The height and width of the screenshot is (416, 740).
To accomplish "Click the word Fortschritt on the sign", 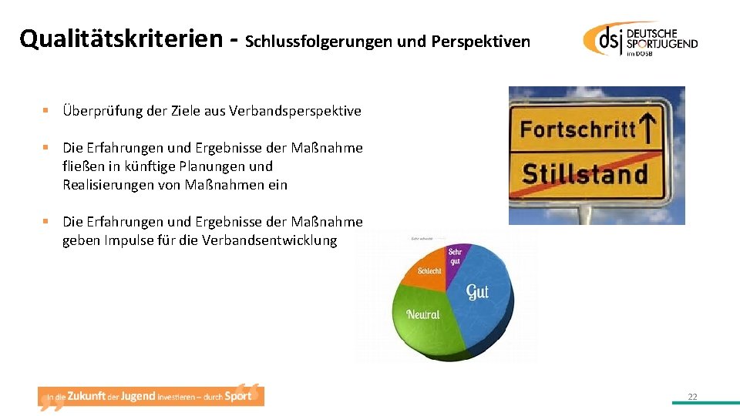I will tap(578, 129).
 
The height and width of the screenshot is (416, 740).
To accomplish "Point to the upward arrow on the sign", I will tap(649, 124).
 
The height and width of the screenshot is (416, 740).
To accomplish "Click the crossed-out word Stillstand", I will tap(586, 174).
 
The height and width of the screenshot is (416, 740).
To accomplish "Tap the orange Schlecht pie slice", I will tap(429, 272).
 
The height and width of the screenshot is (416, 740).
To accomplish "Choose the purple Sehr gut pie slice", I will tap(456, 257).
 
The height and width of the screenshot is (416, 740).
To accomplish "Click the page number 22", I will tap(692, 397).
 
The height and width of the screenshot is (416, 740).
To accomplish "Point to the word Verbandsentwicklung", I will tap(269, 240).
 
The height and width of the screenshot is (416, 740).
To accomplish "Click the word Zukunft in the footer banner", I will tap(86, 396).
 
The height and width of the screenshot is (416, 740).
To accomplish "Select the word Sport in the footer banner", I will tap(238, 396).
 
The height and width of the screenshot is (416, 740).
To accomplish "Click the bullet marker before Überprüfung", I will tap(46, 111).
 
